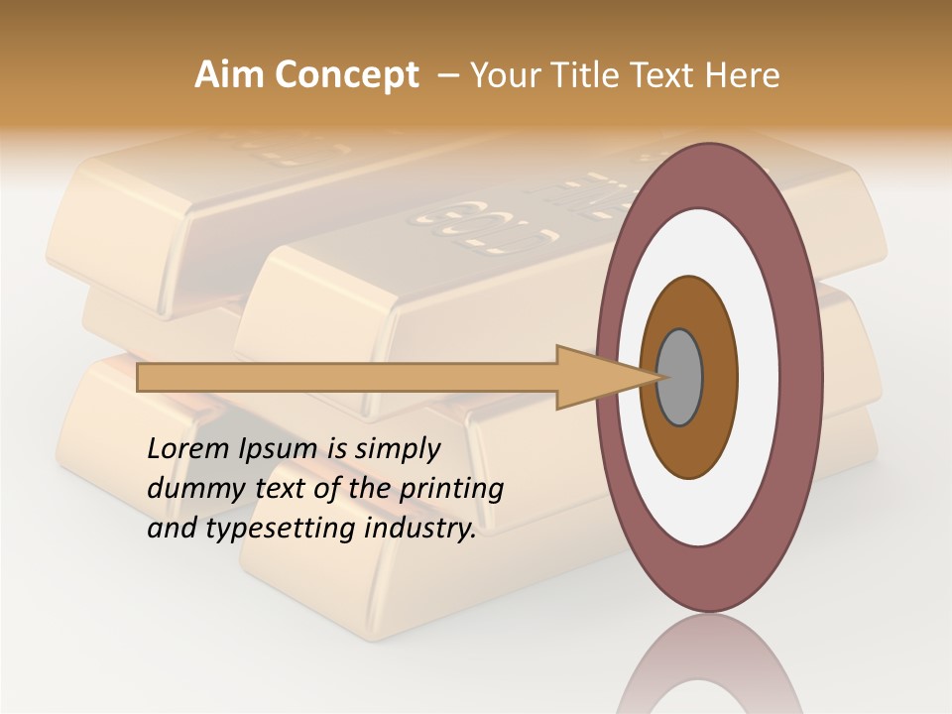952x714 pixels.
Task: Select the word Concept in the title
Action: tap(347, 75)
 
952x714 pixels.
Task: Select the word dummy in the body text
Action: tap(188, 489)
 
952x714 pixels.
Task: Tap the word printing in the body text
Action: tap(450, 490)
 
